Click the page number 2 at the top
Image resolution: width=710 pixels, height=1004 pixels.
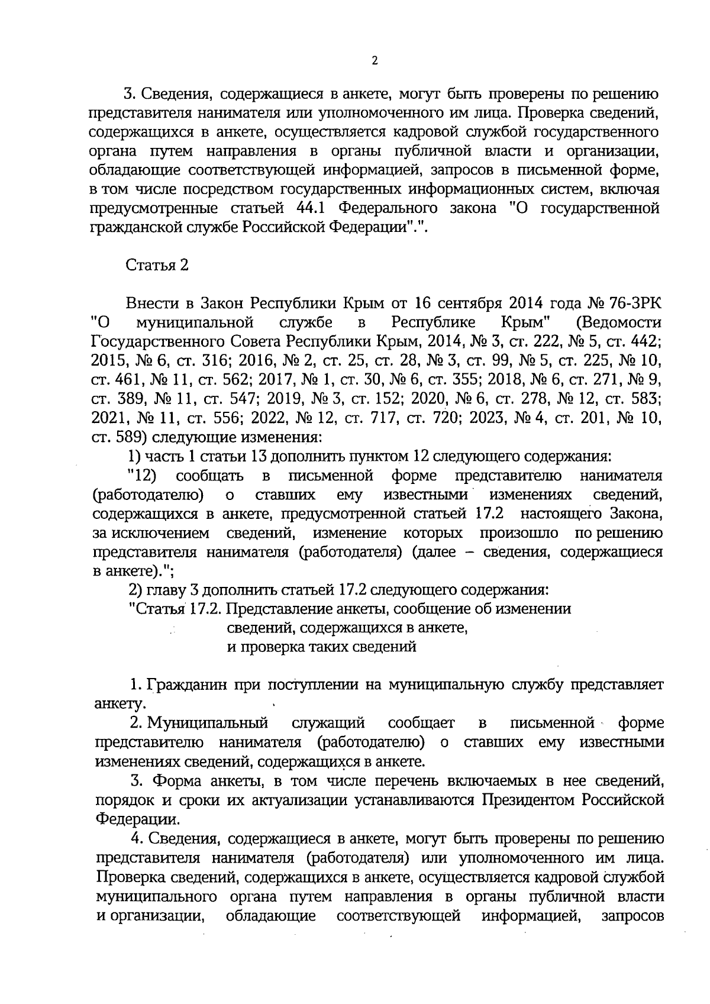point(375,61)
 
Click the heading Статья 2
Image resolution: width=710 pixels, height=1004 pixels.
point(157,266)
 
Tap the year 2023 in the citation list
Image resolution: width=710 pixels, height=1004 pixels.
point(488,419)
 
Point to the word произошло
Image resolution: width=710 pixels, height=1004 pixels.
point(519,533)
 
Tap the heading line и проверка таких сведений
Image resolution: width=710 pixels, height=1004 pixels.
point(322,647)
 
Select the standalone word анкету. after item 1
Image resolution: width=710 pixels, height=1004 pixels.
point(119,705)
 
